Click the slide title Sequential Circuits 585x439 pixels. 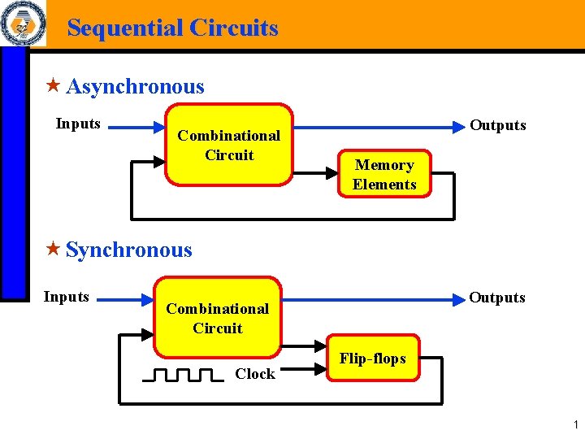tap(172, 28)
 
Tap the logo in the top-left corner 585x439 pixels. tap(23, 24)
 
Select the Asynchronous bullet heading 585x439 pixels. tap(135, 86)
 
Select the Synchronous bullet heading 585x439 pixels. tap(128, 250)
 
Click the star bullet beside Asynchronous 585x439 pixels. tap(54, 85)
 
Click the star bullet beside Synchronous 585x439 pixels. tap(54, 249)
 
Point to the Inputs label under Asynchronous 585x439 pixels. tap(78, 124)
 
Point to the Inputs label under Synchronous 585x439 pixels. tap(66, 297)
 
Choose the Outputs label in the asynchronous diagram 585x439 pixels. tap(498, 125)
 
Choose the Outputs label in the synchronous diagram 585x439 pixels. tap(496, 298)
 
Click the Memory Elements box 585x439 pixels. tap(384, 175)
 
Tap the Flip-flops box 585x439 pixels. tap(372, 359)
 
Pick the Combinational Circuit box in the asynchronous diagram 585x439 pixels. tap(229, 145)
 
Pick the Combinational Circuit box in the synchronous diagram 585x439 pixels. tap(217, 318)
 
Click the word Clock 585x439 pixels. tap(254, 374)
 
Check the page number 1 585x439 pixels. tap(574, 424)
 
